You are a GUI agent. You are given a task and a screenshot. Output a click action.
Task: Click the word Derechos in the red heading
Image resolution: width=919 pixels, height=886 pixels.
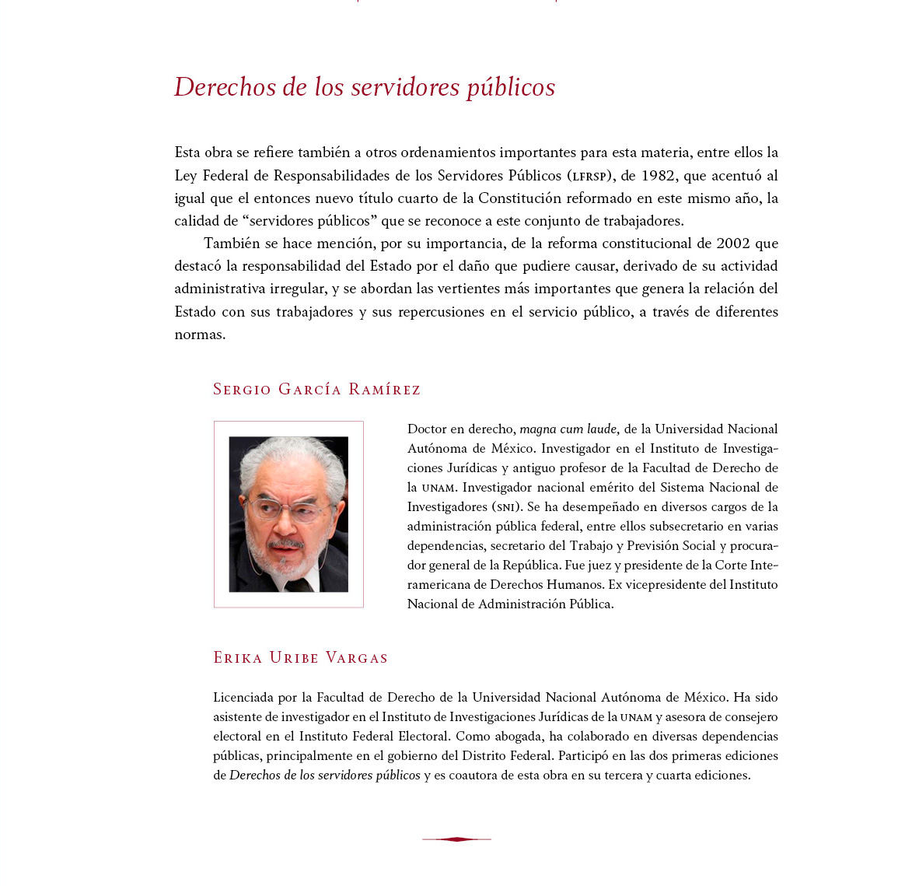click(x=225, y=87)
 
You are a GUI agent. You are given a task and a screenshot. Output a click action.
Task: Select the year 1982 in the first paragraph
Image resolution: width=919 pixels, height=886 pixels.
click(x=658, y=176)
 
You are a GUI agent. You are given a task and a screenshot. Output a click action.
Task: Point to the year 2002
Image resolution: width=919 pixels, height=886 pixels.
click(x=733, y=243)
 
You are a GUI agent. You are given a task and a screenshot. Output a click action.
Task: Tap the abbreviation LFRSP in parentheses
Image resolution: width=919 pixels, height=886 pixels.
click(x=589, y=177)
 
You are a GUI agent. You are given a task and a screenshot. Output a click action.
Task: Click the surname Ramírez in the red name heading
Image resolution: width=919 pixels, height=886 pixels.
click(x=384, y=390)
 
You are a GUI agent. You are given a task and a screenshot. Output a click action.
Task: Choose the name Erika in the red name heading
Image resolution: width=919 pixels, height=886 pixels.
click(x=238, y=658)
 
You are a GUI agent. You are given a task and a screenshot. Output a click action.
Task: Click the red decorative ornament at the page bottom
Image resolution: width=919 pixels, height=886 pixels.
click(x=456, y=839)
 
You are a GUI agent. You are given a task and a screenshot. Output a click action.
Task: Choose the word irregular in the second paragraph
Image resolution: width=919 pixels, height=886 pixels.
click(x=298, y=289)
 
